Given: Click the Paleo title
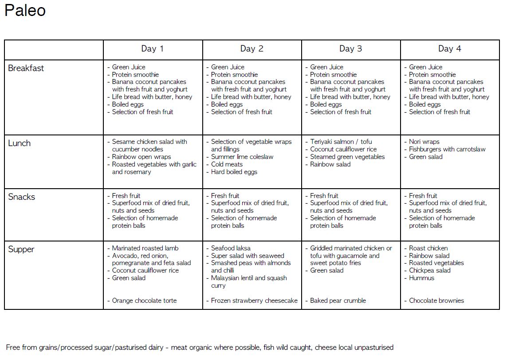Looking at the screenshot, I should (25, 11).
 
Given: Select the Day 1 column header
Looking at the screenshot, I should (153, 49).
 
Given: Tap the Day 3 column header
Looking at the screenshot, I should (350, 49).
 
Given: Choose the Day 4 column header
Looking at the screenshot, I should (449, 49).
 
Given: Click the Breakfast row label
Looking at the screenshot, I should (26, 68).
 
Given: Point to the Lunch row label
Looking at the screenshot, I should (20, 143).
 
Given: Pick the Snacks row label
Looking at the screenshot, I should (21, 197).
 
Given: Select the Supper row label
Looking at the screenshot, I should (21, 249).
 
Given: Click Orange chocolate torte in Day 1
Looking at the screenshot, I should (144, 301).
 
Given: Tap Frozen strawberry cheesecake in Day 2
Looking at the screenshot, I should (254, 301).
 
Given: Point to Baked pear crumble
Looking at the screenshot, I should (338, 301).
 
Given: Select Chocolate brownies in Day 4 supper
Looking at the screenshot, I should (436, 301).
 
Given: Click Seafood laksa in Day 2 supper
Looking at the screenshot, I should (231, 248).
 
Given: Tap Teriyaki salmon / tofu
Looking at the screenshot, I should (341, 142).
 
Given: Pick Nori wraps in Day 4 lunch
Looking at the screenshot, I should (424, 142).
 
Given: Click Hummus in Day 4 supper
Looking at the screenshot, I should (421, 278).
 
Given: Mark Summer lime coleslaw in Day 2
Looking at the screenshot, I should (242, 157).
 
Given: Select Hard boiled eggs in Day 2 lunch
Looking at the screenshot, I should (234, 172).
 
